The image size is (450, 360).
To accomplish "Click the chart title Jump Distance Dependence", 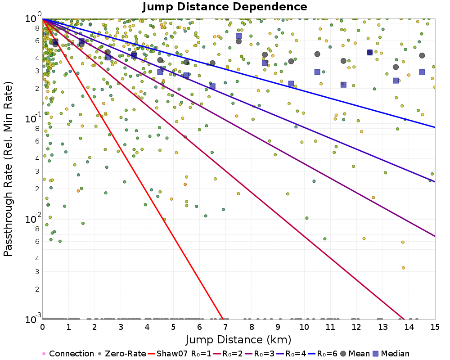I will coord(225,7).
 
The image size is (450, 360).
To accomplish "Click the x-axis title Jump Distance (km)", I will coord(238,338).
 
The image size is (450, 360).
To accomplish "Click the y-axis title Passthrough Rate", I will coord(9,169).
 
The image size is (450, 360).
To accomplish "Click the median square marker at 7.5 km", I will coord(238,36).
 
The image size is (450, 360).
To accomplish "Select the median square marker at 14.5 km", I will coord(422,72).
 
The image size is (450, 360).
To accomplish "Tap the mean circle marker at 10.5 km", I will coord(317,54).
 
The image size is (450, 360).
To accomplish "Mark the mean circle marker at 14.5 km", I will coord(422,55).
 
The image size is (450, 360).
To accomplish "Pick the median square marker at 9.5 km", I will coord(291,84).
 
